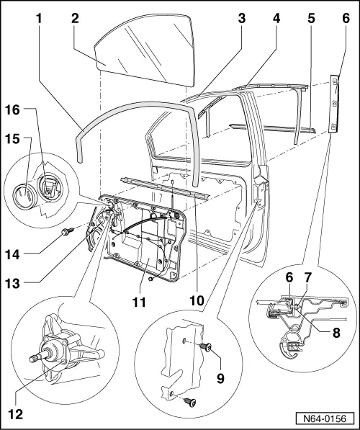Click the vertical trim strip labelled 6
tap(334, 104)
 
